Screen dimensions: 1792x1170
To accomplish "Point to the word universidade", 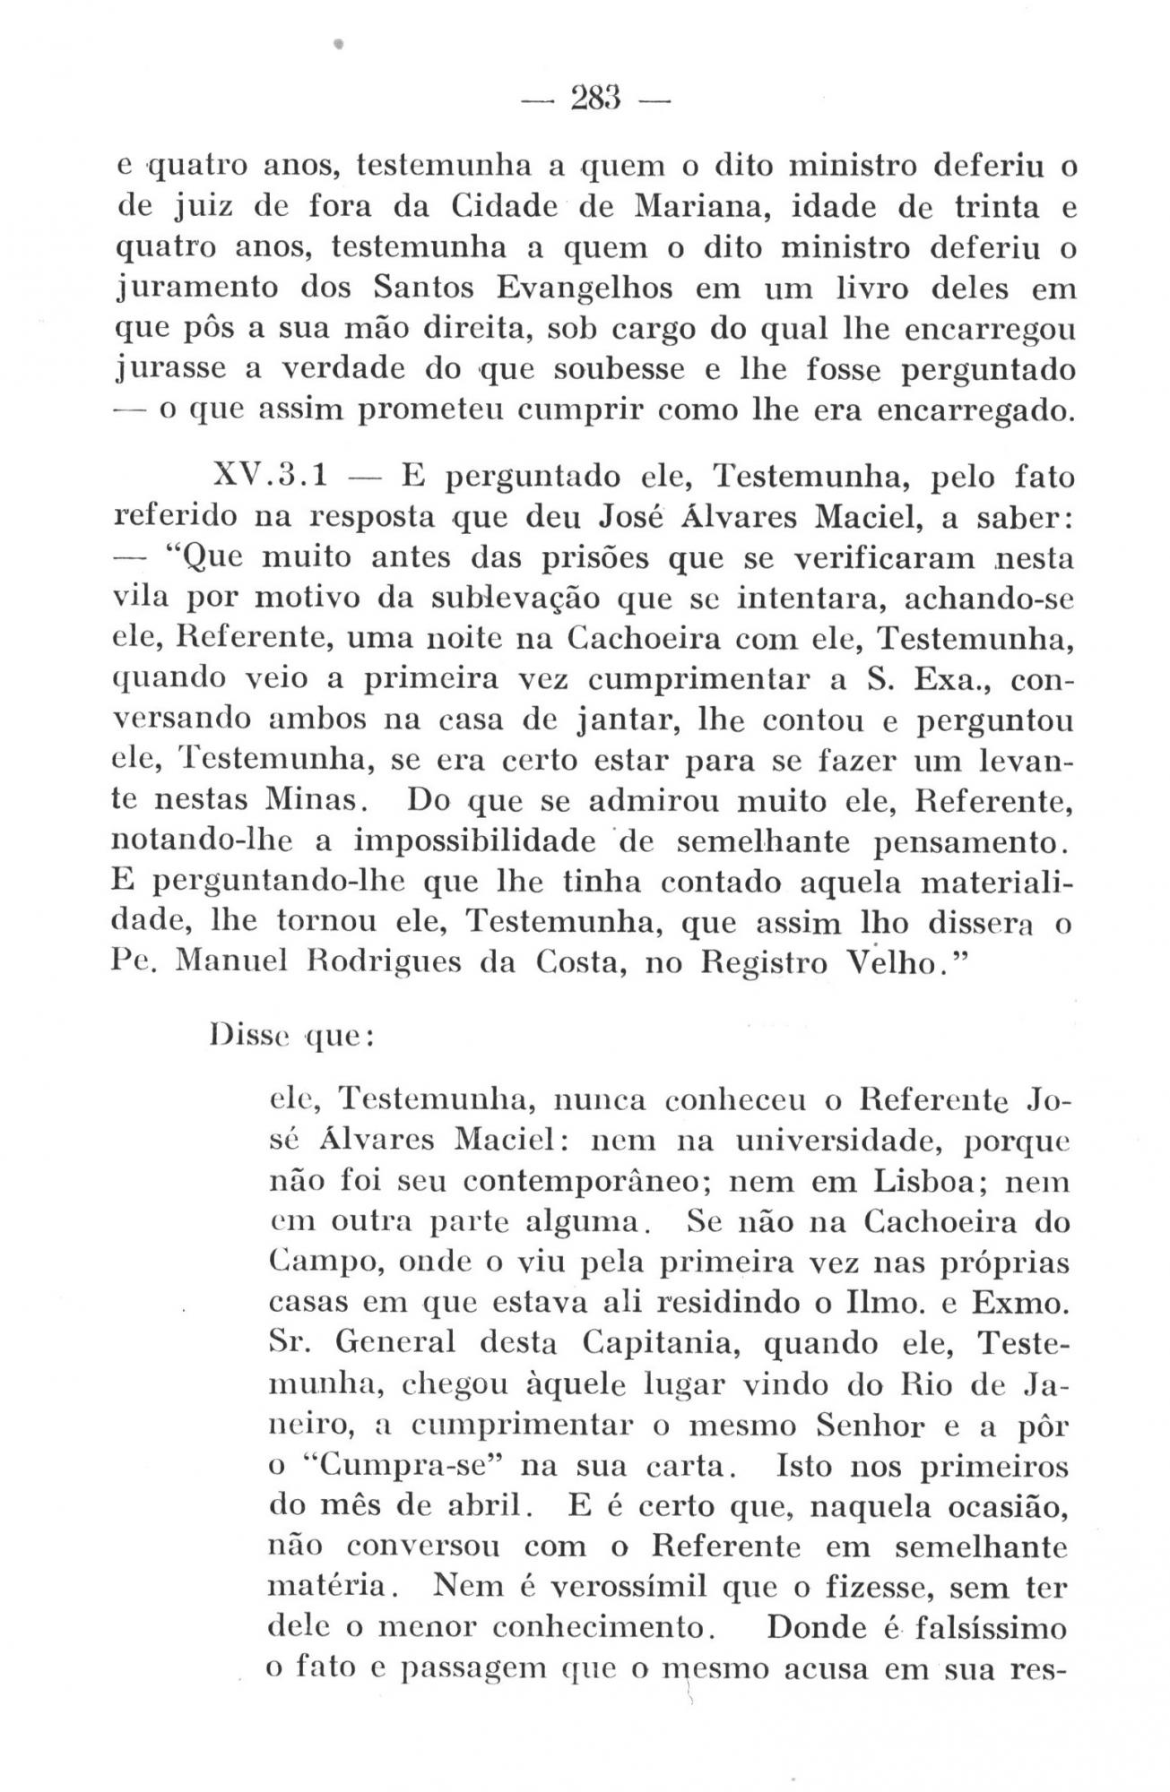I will point(827,1141).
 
